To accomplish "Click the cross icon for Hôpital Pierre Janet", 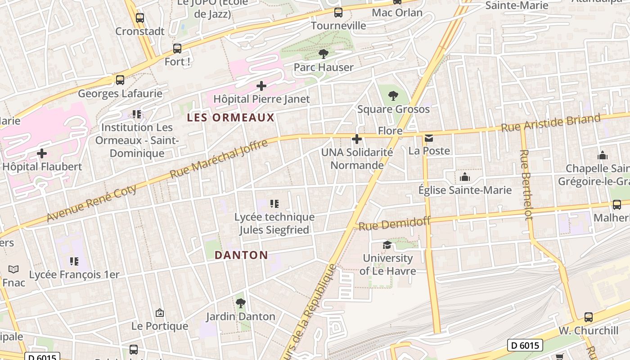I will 261,86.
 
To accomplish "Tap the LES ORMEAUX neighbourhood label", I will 230,118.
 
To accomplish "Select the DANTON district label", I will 241,255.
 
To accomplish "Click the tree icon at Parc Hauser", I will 323,54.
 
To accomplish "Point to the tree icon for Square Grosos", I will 393,96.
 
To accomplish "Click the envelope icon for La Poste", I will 429,138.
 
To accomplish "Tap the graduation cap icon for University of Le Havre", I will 387,245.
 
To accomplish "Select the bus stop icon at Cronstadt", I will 140,18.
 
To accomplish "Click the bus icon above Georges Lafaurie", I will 120,80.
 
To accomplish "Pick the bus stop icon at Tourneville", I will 338,13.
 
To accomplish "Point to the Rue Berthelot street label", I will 526,184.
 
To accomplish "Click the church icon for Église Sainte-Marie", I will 465,177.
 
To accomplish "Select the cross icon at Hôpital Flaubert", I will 42,153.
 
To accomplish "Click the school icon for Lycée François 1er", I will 74,261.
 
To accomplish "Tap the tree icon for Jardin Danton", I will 241,303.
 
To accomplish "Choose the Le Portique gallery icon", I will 159,313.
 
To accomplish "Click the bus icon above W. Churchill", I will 588,317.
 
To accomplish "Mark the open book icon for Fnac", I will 13,270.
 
